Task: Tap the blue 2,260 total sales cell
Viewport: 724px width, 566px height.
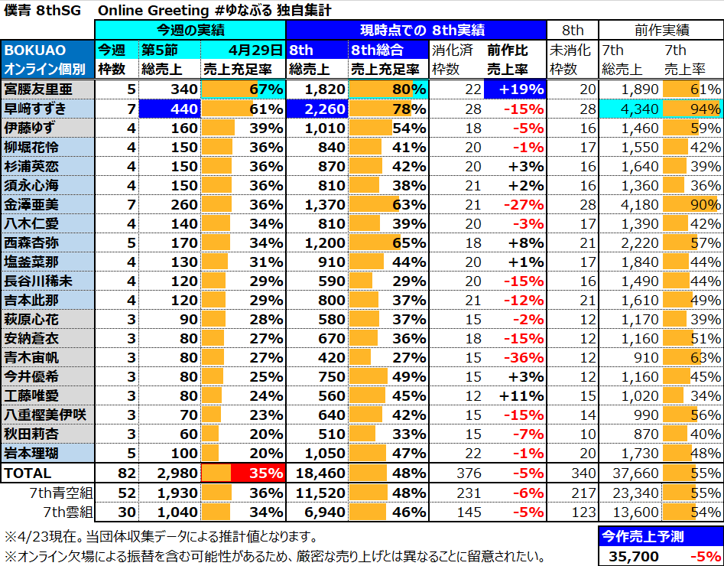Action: [317, 109]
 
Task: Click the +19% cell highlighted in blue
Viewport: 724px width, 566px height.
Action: [515, 89]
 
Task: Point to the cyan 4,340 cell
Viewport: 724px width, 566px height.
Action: [631, 109]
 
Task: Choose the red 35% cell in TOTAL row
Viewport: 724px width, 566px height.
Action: [242, 473]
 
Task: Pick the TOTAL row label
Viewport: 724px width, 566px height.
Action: [28, 473]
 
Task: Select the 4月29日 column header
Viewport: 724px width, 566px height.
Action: [242, 50]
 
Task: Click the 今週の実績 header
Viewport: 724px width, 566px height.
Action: [190, 31]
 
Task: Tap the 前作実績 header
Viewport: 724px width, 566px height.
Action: [661, 31]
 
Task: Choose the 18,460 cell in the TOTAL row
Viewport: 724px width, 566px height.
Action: [317, 473]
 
